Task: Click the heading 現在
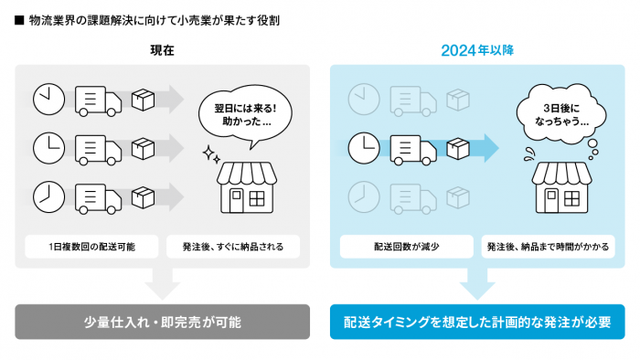(x=163, y=51)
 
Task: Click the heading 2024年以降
(x=477, y=51)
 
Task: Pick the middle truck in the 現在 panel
(x=94, y=146)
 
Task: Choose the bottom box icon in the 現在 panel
(x=143, y=196)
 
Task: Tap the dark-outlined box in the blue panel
(x=458, y=146)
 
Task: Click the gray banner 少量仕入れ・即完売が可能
(x=163, y=322)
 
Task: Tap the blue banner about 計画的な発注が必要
(x=477, y=322)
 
